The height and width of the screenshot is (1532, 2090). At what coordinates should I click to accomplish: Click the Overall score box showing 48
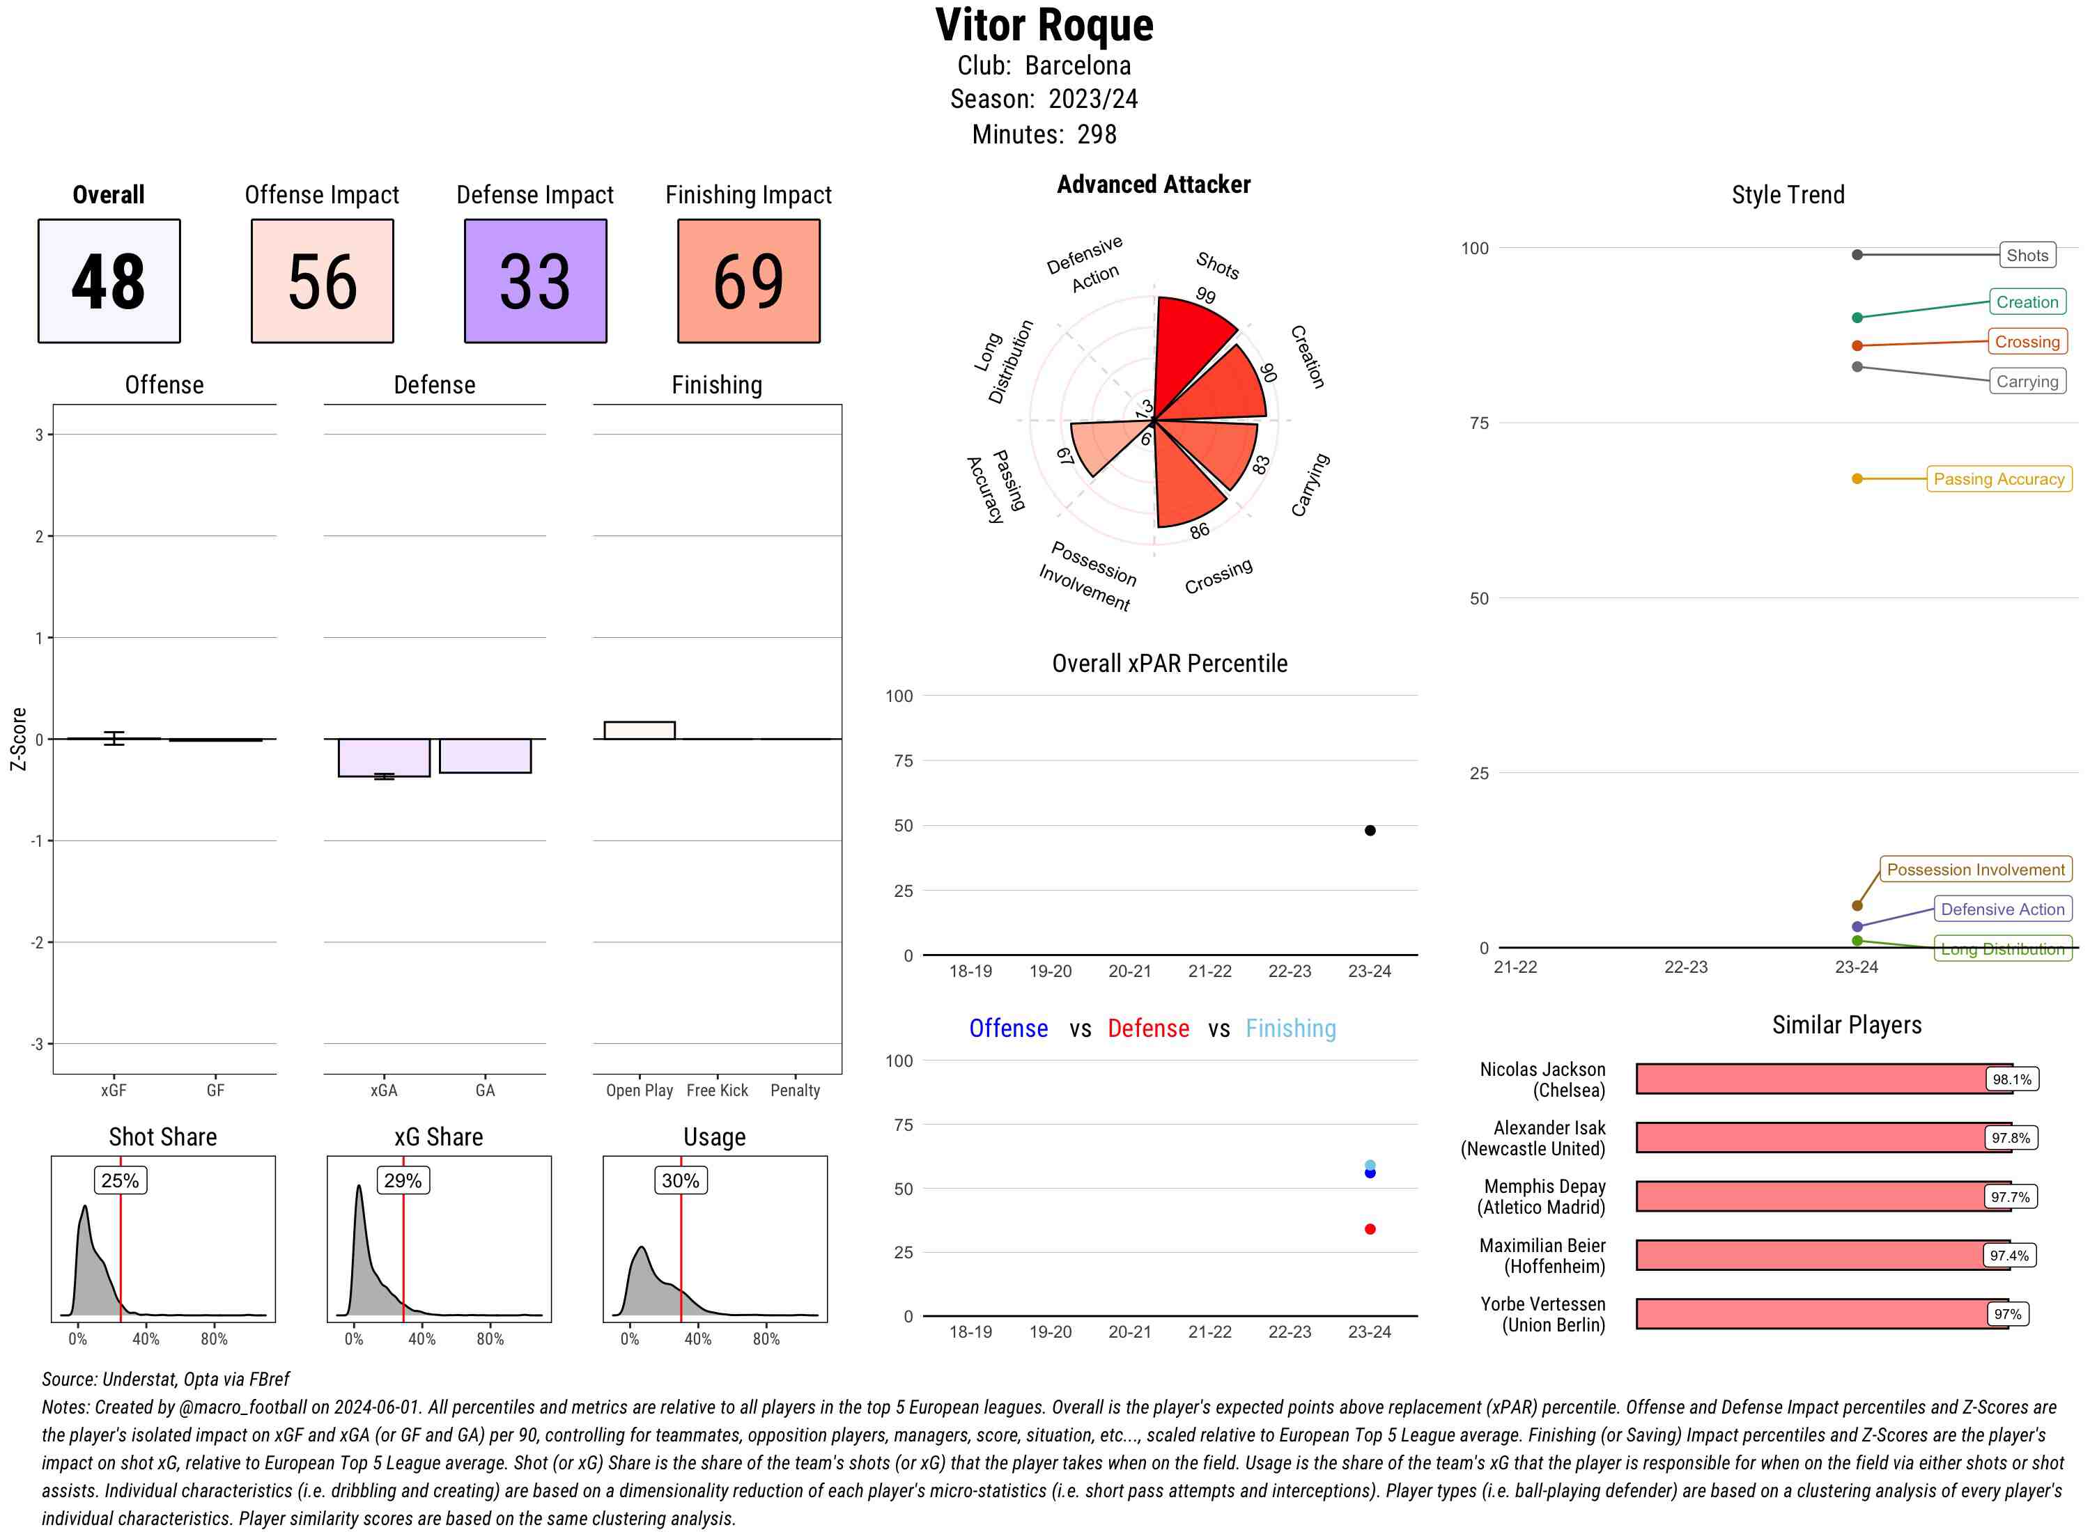tap(109, 281)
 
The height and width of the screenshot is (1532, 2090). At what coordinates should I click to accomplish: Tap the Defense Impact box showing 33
tap(535, 281)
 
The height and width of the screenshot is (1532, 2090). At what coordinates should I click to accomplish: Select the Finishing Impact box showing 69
tap(749, 281)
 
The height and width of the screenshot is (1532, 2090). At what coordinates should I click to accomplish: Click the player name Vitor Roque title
tap(1044, 26)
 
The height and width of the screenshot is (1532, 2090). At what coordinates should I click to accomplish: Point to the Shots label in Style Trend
tap(2026, 255)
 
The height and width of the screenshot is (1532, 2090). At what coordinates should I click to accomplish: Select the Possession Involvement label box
tap(1975, 870)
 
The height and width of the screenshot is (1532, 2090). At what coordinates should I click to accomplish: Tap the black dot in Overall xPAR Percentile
tap(1370, 830)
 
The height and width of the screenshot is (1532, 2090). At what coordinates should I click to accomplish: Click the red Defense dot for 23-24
tap(1370, 1229)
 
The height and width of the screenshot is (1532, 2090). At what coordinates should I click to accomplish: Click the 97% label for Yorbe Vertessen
tap(2007, 1314)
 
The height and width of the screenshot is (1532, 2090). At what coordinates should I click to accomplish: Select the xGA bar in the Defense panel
tap(384, 757)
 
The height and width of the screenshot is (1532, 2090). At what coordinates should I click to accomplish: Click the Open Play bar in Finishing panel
tap(639, 730)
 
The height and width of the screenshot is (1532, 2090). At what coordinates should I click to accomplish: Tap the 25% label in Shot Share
tap(120, 1180)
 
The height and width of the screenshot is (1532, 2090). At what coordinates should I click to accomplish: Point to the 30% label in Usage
tap(680, 1180)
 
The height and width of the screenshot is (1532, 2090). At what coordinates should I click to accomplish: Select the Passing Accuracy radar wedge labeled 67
tap(1104, 442)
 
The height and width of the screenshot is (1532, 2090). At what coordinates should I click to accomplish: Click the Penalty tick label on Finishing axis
tap(795, 1091)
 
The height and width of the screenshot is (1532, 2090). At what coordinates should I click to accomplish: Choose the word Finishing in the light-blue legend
tap(1290, 1029)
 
